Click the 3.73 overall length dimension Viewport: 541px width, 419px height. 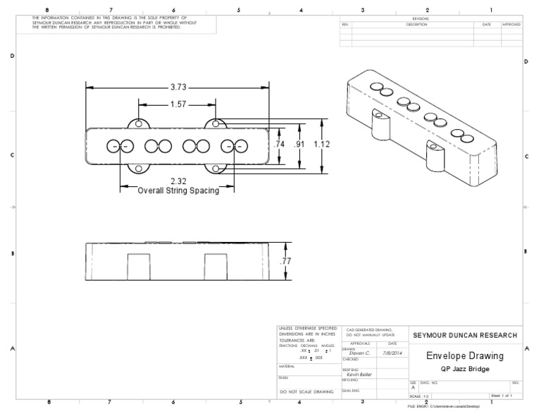178,87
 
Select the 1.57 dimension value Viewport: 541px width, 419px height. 178,104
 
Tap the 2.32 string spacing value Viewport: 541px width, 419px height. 178,181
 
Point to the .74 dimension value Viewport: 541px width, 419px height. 279,144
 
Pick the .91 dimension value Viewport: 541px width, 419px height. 299,144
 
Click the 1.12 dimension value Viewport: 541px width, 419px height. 322,144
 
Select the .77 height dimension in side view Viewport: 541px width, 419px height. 287,261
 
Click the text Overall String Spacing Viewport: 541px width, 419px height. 178,190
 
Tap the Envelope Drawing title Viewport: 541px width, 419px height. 464,357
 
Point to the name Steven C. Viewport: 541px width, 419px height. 359,353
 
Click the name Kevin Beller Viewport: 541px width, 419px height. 359,374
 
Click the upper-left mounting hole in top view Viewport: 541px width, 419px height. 139,124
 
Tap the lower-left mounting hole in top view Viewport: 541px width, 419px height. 139,168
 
